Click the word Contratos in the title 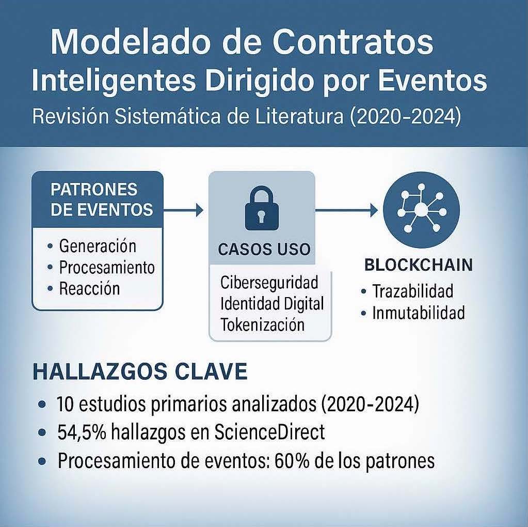pos(352,42)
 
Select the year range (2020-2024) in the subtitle pos(406,116)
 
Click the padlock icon pos(262,208)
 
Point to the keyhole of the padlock pos(262,216)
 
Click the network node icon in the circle pos(421,209)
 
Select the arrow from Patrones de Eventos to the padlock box pos(183,210)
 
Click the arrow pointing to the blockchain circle pos(346,210)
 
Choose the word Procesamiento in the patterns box pos(107,268)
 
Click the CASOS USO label pos(264,250)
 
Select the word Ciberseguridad pos(269,282)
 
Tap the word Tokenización pos(263,324)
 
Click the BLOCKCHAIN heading pos(419,265)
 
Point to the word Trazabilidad pos(413,291)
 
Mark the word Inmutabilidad pos(419,313)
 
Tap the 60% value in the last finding pos(292,460)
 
